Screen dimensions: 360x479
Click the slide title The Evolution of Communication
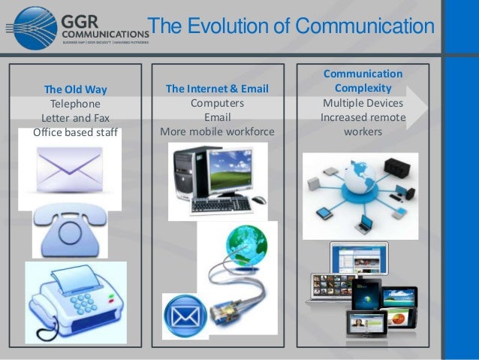pos(291,28)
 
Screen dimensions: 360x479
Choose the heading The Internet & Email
pos(217,89)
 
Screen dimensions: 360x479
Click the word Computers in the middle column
pos(217,104)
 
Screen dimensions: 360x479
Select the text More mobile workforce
pos(217,132)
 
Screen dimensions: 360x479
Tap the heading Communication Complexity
pos(363,81)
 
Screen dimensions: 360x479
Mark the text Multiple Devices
pos(363,103)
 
